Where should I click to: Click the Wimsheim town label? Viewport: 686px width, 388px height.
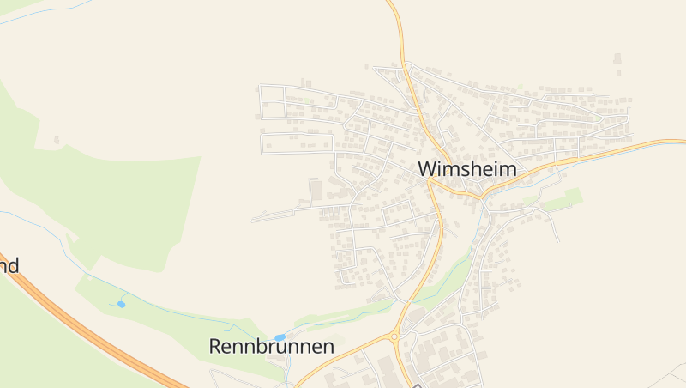(x=468, y=169)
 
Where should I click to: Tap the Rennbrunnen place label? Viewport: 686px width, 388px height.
(x=271, y=347)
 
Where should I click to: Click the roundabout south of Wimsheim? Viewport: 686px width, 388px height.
(x=394, y=336)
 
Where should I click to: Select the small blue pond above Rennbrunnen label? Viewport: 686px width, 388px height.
(x=280, y=337)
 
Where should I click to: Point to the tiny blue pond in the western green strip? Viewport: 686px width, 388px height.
(x=122, y=304)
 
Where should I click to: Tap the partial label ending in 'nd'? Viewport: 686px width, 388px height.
(x=9, y=265)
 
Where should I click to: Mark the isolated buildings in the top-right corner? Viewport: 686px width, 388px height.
(x=617, y=58)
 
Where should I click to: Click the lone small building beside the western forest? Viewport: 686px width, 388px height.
(x=57, y=139)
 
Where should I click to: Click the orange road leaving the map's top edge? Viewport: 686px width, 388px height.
(x=396, y=10)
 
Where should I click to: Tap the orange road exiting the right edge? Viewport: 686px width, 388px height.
(x=669, y=142)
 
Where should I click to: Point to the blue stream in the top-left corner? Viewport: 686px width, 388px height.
(x=43, y=14)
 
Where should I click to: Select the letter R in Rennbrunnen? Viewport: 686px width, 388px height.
(x=216, y=347)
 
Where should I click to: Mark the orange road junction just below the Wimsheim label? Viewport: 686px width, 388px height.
(x=433, y=182)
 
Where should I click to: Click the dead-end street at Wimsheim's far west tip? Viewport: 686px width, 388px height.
(x=254, y=220)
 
